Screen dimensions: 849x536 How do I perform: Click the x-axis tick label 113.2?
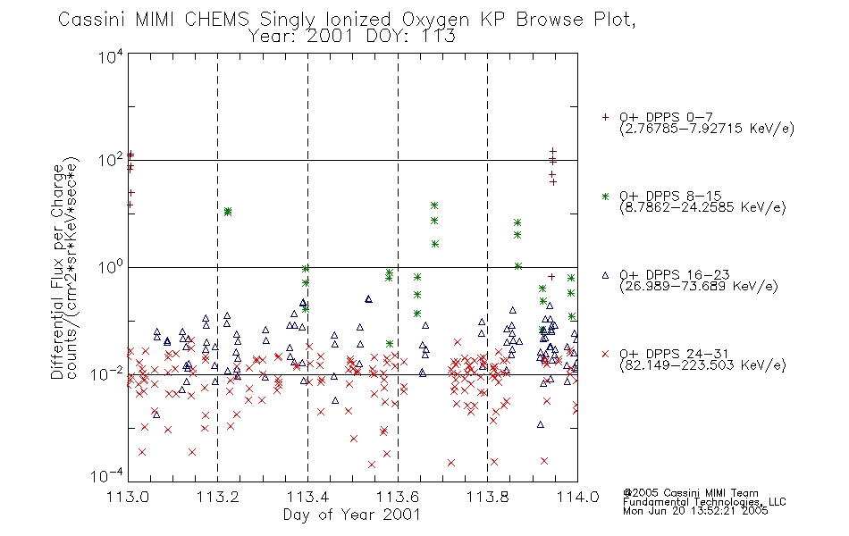point(218,497)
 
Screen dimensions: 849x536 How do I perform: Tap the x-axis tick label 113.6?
point(398,497)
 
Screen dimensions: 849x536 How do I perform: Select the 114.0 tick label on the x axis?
point(577,497)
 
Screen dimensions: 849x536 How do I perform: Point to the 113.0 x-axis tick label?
point(128,497)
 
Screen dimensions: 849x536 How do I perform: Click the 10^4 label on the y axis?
point(111,57)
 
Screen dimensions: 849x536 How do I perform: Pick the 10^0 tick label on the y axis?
point(111,267)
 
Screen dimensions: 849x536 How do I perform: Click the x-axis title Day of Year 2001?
point(352,515)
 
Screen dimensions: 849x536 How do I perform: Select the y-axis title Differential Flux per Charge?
point(57,271)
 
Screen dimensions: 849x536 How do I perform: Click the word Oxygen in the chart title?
point(436,20)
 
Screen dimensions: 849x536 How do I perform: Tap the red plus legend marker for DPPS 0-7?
point(605,117)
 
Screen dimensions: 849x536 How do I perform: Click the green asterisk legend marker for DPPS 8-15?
point(605,196)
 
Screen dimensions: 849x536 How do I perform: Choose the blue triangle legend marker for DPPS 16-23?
point(605,275)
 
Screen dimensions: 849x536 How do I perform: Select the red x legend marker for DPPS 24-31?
point(605,354)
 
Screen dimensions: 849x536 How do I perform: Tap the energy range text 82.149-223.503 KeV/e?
point(702,365)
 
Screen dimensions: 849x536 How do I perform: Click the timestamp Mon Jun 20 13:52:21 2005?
point(695,511)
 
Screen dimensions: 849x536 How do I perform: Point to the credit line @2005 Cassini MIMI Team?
point(690,493)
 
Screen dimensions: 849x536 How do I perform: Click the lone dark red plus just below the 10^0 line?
point(551,277)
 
